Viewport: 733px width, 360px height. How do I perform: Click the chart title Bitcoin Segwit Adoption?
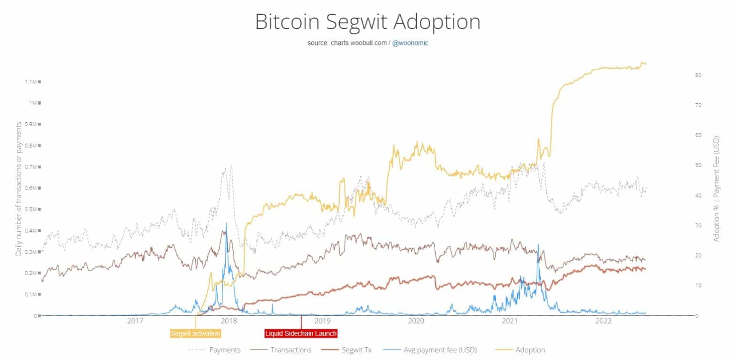[367, 22]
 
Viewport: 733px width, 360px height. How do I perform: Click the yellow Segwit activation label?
[196, 333]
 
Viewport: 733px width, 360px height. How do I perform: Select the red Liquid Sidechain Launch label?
[301, 333]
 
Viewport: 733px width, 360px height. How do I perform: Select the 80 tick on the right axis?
[698, 75]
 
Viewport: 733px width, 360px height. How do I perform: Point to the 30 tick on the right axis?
[698, 226]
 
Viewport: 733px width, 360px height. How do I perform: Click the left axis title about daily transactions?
[19, 189]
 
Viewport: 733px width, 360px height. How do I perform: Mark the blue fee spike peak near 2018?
[226, 223]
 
